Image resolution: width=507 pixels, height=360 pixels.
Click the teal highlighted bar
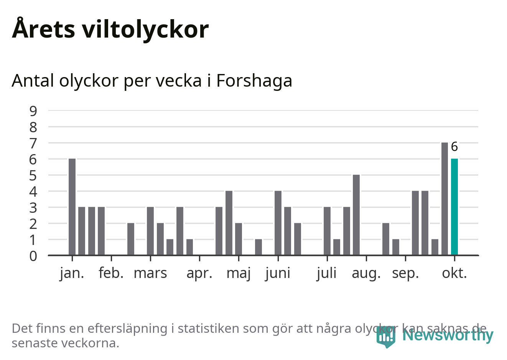[454, 207]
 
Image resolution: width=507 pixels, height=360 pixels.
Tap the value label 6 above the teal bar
[454, 147]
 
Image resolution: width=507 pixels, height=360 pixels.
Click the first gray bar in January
[72, 207]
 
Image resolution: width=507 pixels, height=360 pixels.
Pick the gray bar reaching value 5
[356, 215]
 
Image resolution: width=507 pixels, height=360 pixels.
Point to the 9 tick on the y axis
[33, 111]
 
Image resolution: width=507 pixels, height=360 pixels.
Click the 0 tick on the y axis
[33, 256]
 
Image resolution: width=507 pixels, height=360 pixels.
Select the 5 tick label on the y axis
[33, 176]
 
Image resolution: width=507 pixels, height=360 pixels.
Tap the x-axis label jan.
[72, 273]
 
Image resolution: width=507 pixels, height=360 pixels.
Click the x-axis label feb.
[111, 273]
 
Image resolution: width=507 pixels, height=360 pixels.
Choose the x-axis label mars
[150, 273]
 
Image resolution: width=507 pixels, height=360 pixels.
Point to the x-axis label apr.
[199, 273]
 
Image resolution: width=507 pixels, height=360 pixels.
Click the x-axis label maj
[239, 273]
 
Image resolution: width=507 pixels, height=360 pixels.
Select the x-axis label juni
[278, 273]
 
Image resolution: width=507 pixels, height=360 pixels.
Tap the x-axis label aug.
[366, 273]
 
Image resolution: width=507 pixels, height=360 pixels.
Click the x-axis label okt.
[454, 273]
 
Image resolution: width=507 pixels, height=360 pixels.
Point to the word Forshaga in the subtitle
[254, 81]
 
